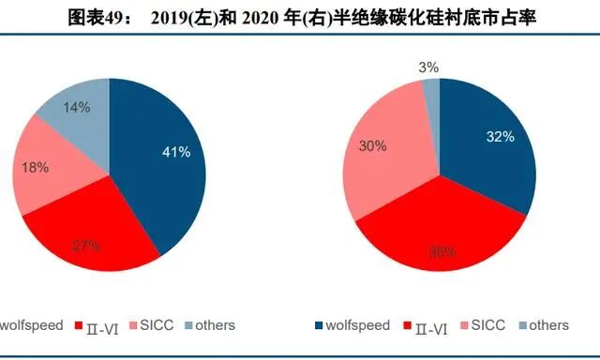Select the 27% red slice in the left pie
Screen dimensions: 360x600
[x=89, y=234]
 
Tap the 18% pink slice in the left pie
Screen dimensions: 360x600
[x=47, y=173]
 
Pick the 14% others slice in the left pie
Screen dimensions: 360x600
[x=80, y=112]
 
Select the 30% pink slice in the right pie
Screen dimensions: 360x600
[x=380, y=159]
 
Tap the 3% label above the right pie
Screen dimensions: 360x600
[x=429, y=67]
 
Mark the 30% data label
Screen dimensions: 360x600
[x=372, y=146]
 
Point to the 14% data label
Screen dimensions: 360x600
[x=77, y=107]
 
